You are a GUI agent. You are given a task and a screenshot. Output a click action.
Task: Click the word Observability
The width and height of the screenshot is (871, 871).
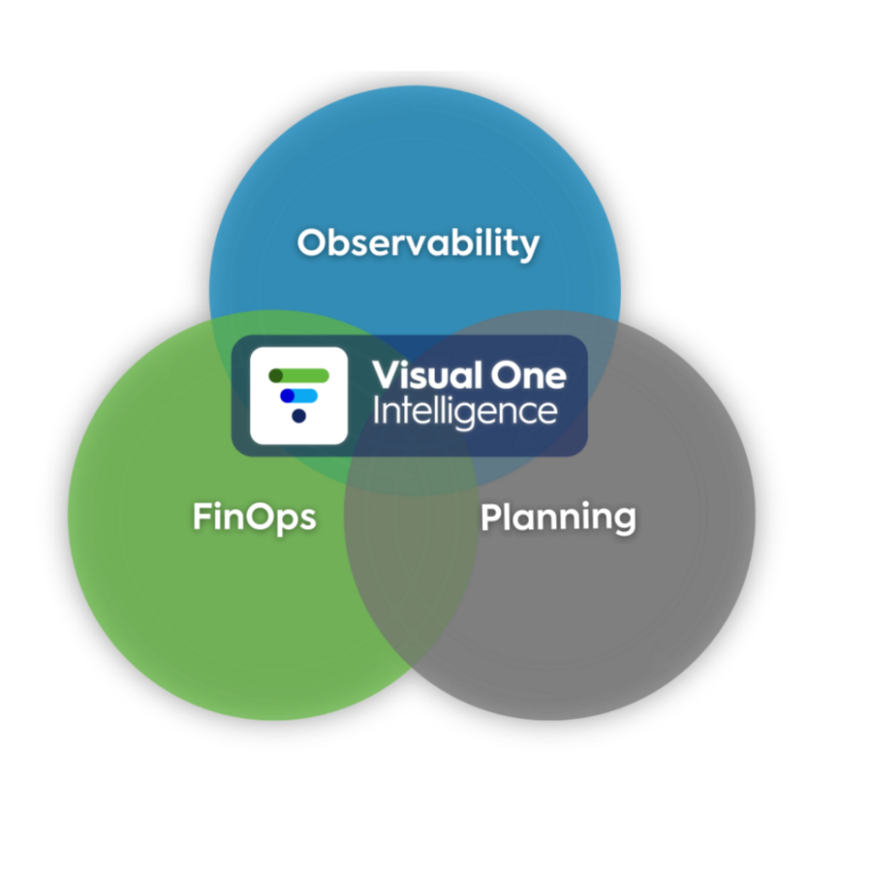(x=418, y=243)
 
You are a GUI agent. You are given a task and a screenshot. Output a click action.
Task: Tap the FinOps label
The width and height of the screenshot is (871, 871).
(x=253, y=517)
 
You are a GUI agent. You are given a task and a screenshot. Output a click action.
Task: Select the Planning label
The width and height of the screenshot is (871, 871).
(x=558, y=517)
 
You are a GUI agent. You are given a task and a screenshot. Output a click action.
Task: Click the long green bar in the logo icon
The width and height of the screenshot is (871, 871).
(x=299, y=375)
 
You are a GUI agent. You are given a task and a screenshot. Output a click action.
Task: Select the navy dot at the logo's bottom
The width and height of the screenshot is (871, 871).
(x=299, y=415)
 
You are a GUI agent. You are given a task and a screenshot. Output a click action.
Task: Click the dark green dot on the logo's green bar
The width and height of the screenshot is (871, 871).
(x=276, y=375)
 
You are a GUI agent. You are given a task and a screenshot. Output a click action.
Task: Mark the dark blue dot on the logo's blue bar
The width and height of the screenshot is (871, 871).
(x=287, y=395)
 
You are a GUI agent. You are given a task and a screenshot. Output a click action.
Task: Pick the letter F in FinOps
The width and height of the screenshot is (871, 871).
(x=202, y=516)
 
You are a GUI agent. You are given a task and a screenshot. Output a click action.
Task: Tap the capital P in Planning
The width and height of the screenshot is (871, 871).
(x=491, y=516)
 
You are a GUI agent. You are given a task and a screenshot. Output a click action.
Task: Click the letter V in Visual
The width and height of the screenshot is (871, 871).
(x=385, y=375)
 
